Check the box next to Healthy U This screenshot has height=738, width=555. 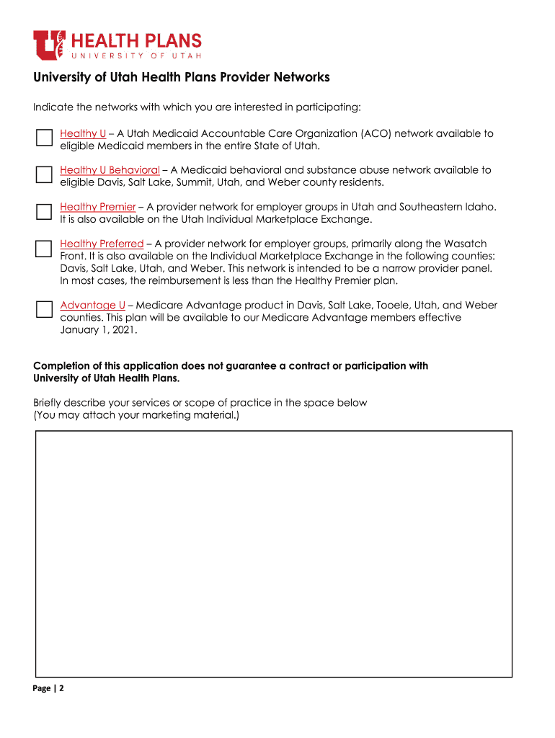[44, 138]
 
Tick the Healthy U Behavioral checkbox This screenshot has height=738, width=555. [44, 174]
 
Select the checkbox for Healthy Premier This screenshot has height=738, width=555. [44, 211]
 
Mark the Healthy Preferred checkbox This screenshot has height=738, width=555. [44, 249]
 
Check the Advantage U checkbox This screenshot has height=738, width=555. [44, 309]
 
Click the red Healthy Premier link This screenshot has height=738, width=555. [97, 207]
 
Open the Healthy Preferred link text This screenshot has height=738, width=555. [102, 244]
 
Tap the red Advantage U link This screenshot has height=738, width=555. [92, 305]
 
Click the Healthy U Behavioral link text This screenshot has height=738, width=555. [110, 170]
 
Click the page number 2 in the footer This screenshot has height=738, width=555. [62, 688]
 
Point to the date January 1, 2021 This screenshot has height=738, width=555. [98, 330]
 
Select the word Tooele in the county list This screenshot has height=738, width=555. [394, 305]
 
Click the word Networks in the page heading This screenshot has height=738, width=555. [299, 77]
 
